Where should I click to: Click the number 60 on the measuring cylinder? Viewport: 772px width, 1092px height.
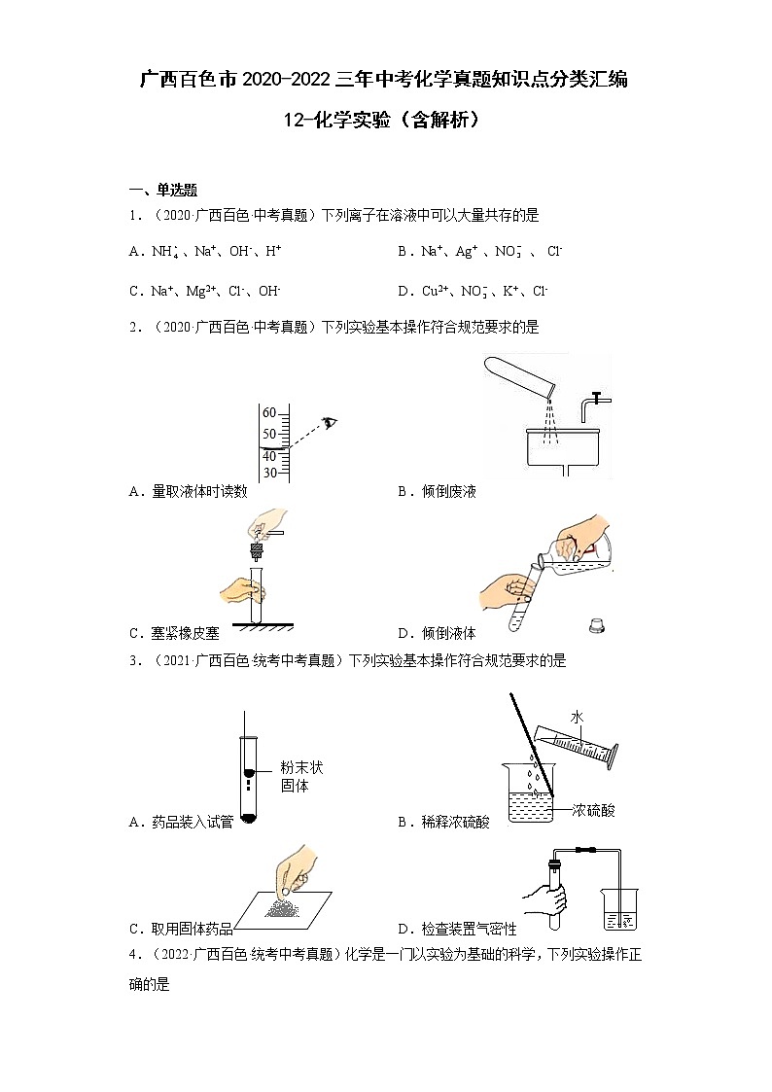pos(269,413)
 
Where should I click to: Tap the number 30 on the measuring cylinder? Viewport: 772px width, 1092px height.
pos(269,473)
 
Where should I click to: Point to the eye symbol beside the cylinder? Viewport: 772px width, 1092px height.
pos(330,422)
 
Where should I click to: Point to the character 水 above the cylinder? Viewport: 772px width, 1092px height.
pos(578,718)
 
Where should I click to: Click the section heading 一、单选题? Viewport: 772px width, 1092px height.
pos(163,190)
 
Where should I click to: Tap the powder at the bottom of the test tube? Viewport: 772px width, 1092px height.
pos(249,818)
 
